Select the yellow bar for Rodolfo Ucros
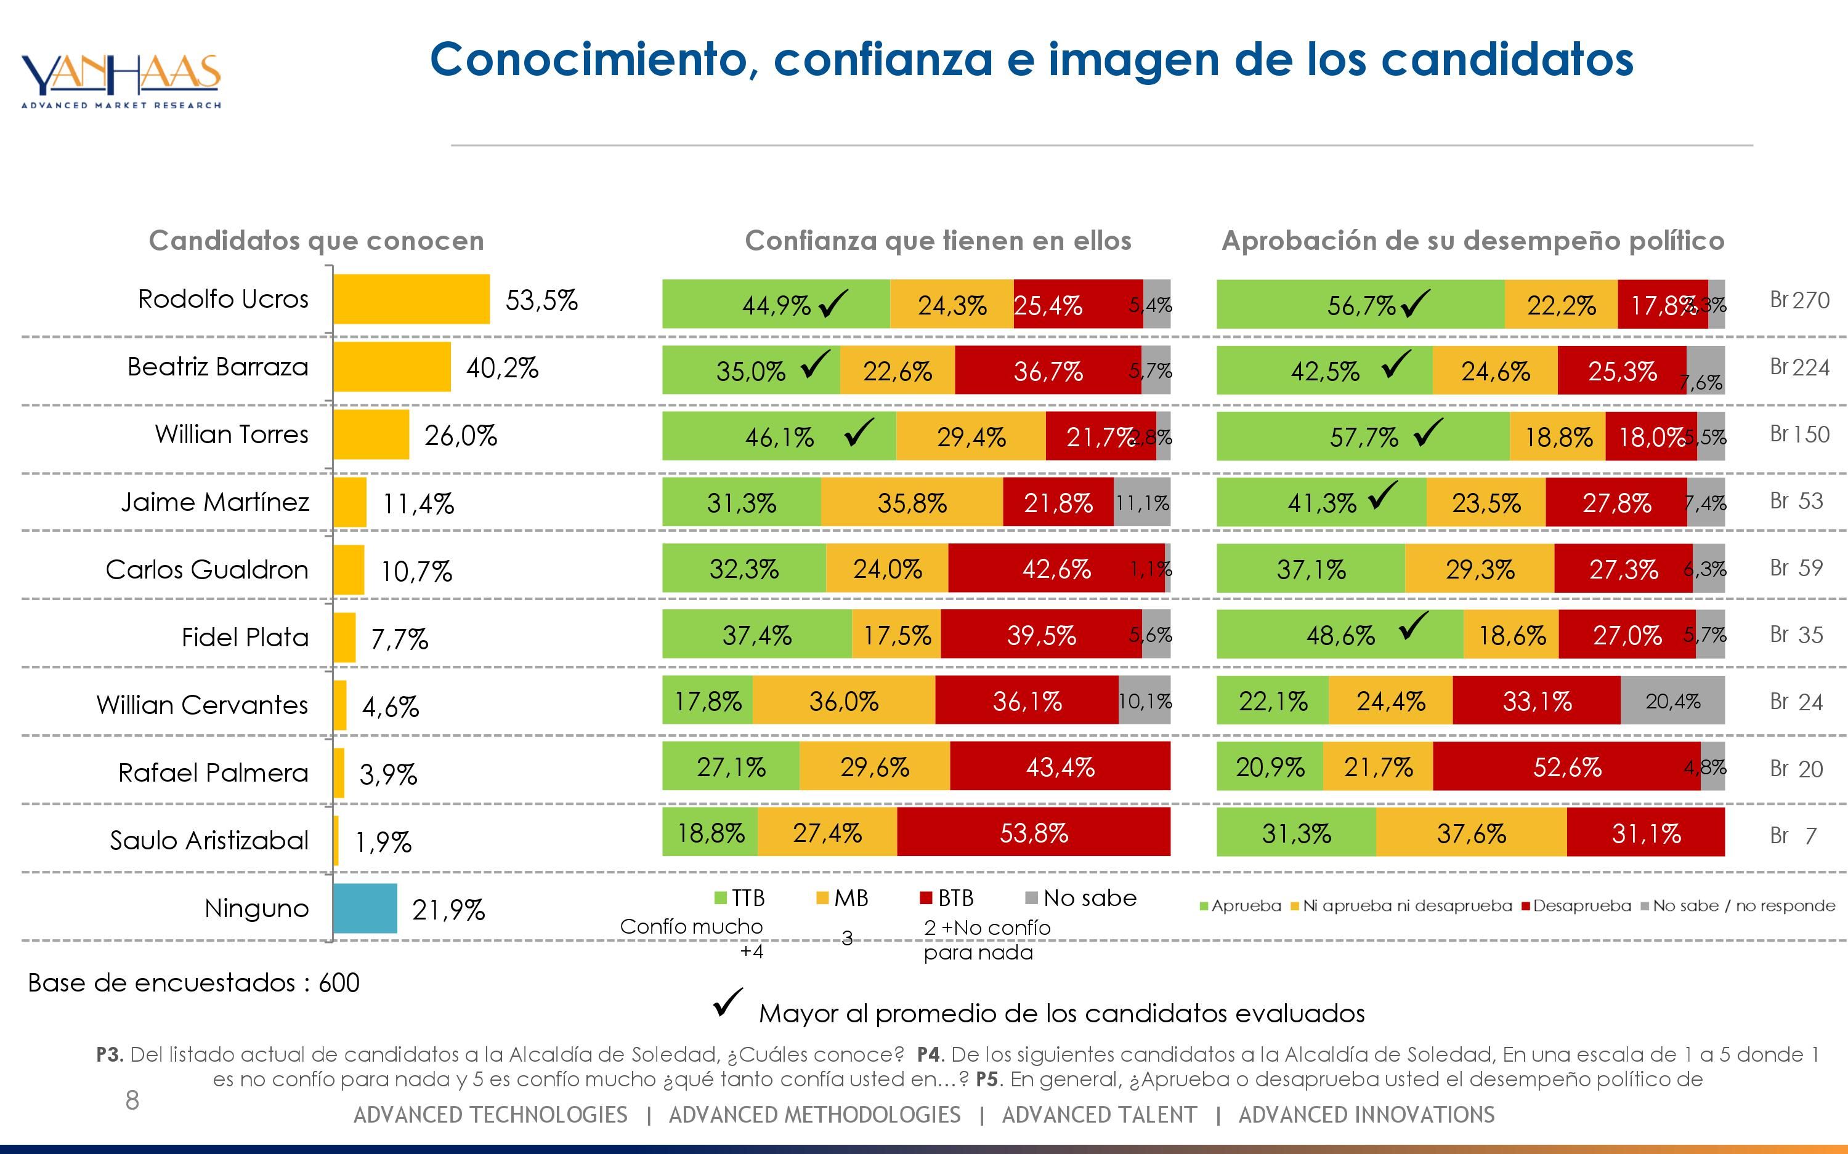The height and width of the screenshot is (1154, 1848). coord(411,299)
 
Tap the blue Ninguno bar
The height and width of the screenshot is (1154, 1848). coord(365,908)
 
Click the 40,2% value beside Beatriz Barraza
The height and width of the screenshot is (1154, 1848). coord(501,368)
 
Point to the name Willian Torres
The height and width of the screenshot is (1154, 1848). coord(232,435)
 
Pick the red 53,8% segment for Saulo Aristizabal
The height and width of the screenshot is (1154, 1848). coord(1033,833)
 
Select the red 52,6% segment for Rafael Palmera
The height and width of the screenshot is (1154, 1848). coord(1566,767)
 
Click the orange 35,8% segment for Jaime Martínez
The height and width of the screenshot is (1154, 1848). coord(912,502)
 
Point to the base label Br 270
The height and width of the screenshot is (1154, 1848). coord(1799,300)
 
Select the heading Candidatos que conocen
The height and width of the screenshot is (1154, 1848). coord(316,241)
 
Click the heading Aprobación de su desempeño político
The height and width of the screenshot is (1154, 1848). coord(1472,241)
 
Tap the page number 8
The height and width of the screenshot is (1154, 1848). coord(132,1100)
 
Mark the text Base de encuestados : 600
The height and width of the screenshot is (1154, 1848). coord(193,982)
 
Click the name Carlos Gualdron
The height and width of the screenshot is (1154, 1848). coord(206,569)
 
